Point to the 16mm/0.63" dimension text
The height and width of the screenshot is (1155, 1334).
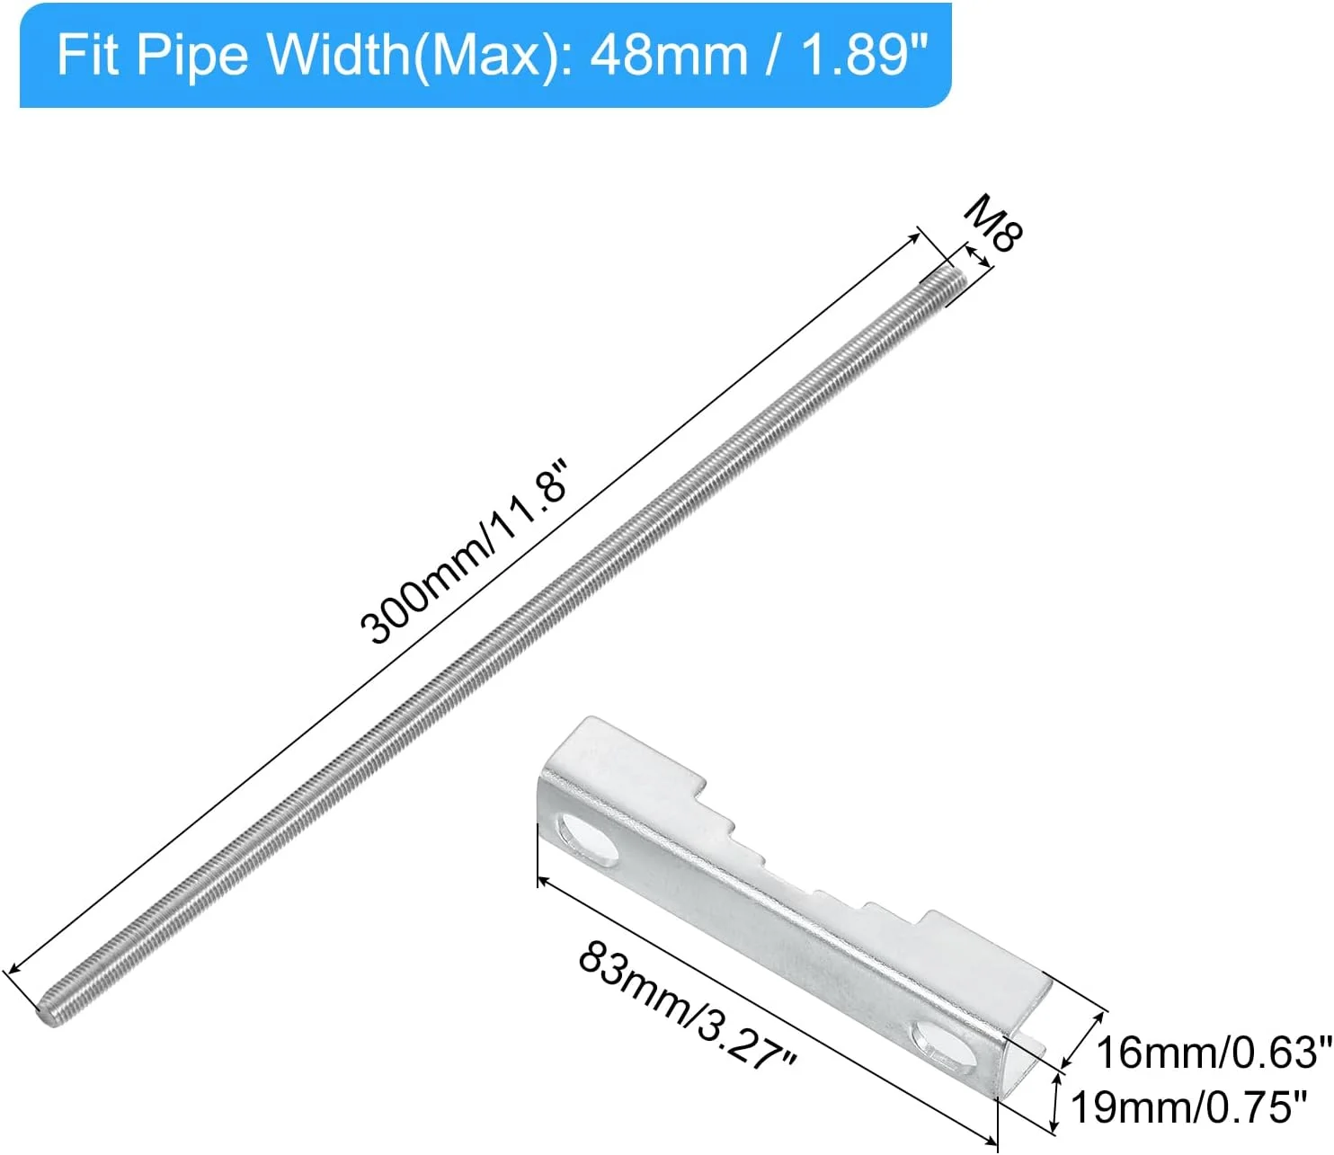1214,1052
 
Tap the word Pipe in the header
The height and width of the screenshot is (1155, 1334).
191,56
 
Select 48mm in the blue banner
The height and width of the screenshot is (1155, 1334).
669,55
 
